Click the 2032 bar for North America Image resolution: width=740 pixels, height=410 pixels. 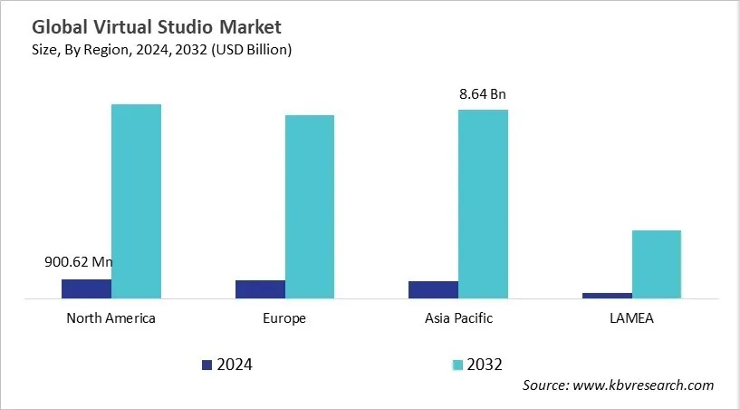(x=136, y=200)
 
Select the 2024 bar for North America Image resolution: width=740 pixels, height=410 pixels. (x=86, y=288)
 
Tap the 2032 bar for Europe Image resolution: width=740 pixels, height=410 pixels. (x=310, y=206)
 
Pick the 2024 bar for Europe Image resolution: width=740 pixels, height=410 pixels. (x=260, y=288)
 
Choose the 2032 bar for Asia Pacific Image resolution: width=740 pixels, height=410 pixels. (x=483, y=203)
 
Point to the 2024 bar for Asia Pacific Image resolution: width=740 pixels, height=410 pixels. (x=433, y=289)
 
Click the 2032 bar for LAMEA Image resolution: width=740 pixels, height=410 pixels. (x=656, y=264)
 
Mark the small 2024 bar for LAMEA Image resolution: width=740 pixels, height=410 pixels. (x=607, y=295)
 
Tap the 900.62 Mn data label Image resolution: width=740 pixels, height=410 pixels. (x=79, y=262)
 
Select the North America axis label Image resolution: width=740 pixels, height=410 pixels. (x=111, y=318)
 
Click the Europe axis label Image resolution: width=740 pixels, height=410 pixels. (x=284, y=318)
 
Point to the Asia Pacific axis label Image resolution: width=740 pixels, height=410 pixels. (x=458, y=318)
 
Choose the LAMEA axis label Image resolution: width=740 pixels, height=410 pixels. (x=631, y=318)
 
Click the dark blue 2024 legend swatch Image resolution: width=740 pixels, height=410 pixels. (x=207, y=365)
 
